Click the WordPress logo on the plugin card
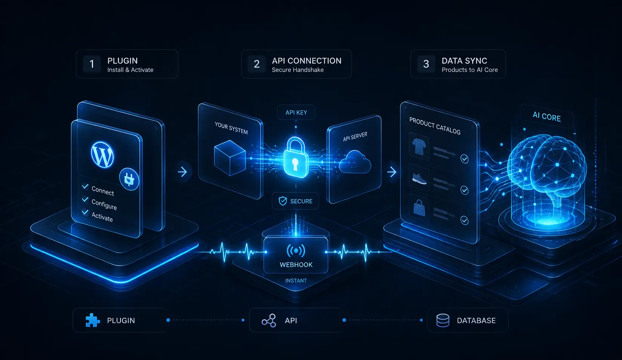pyautogui.click(x=102, y=155)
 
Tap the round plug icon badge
pyautogui.click(x=129, y=179)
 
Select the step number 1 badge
pyautogui.click(x=92, y=64)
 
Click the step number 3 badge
pyautogui.click(x=426, y=64)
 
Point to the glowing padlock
pyautogui.click(x=296, y=157)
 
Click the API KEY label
pyautogui.click(x=296, y=112)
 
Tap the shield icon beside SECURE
pyautogui.click(x=283, y=201)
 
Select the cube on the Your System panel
pyautogui.click(x=230, y=158)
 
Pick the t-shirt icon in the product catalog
pyautogui.click(x=419, y=147)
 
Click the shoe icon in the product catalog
pyautogui.click(x=419, y=179)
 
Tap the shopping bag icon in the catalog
pyautogui.click(x=419, y=208)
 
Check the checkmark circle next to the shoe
pyautogui.click(x=465, y=190)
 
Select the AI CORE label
pyautogui.click(x=547, y=117)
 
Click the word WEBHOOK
pyautogui.click(x=296, y=265)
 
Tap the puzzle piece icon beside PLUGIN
pyautogui.click(x=92, y=320)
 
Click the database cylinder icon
pyautogui.click(x=443, y=321)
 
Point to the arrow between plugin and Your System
pyautogui.click(x=182, y=172)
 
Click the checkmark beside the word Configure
pyautogui.click(x=85, y=200)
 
